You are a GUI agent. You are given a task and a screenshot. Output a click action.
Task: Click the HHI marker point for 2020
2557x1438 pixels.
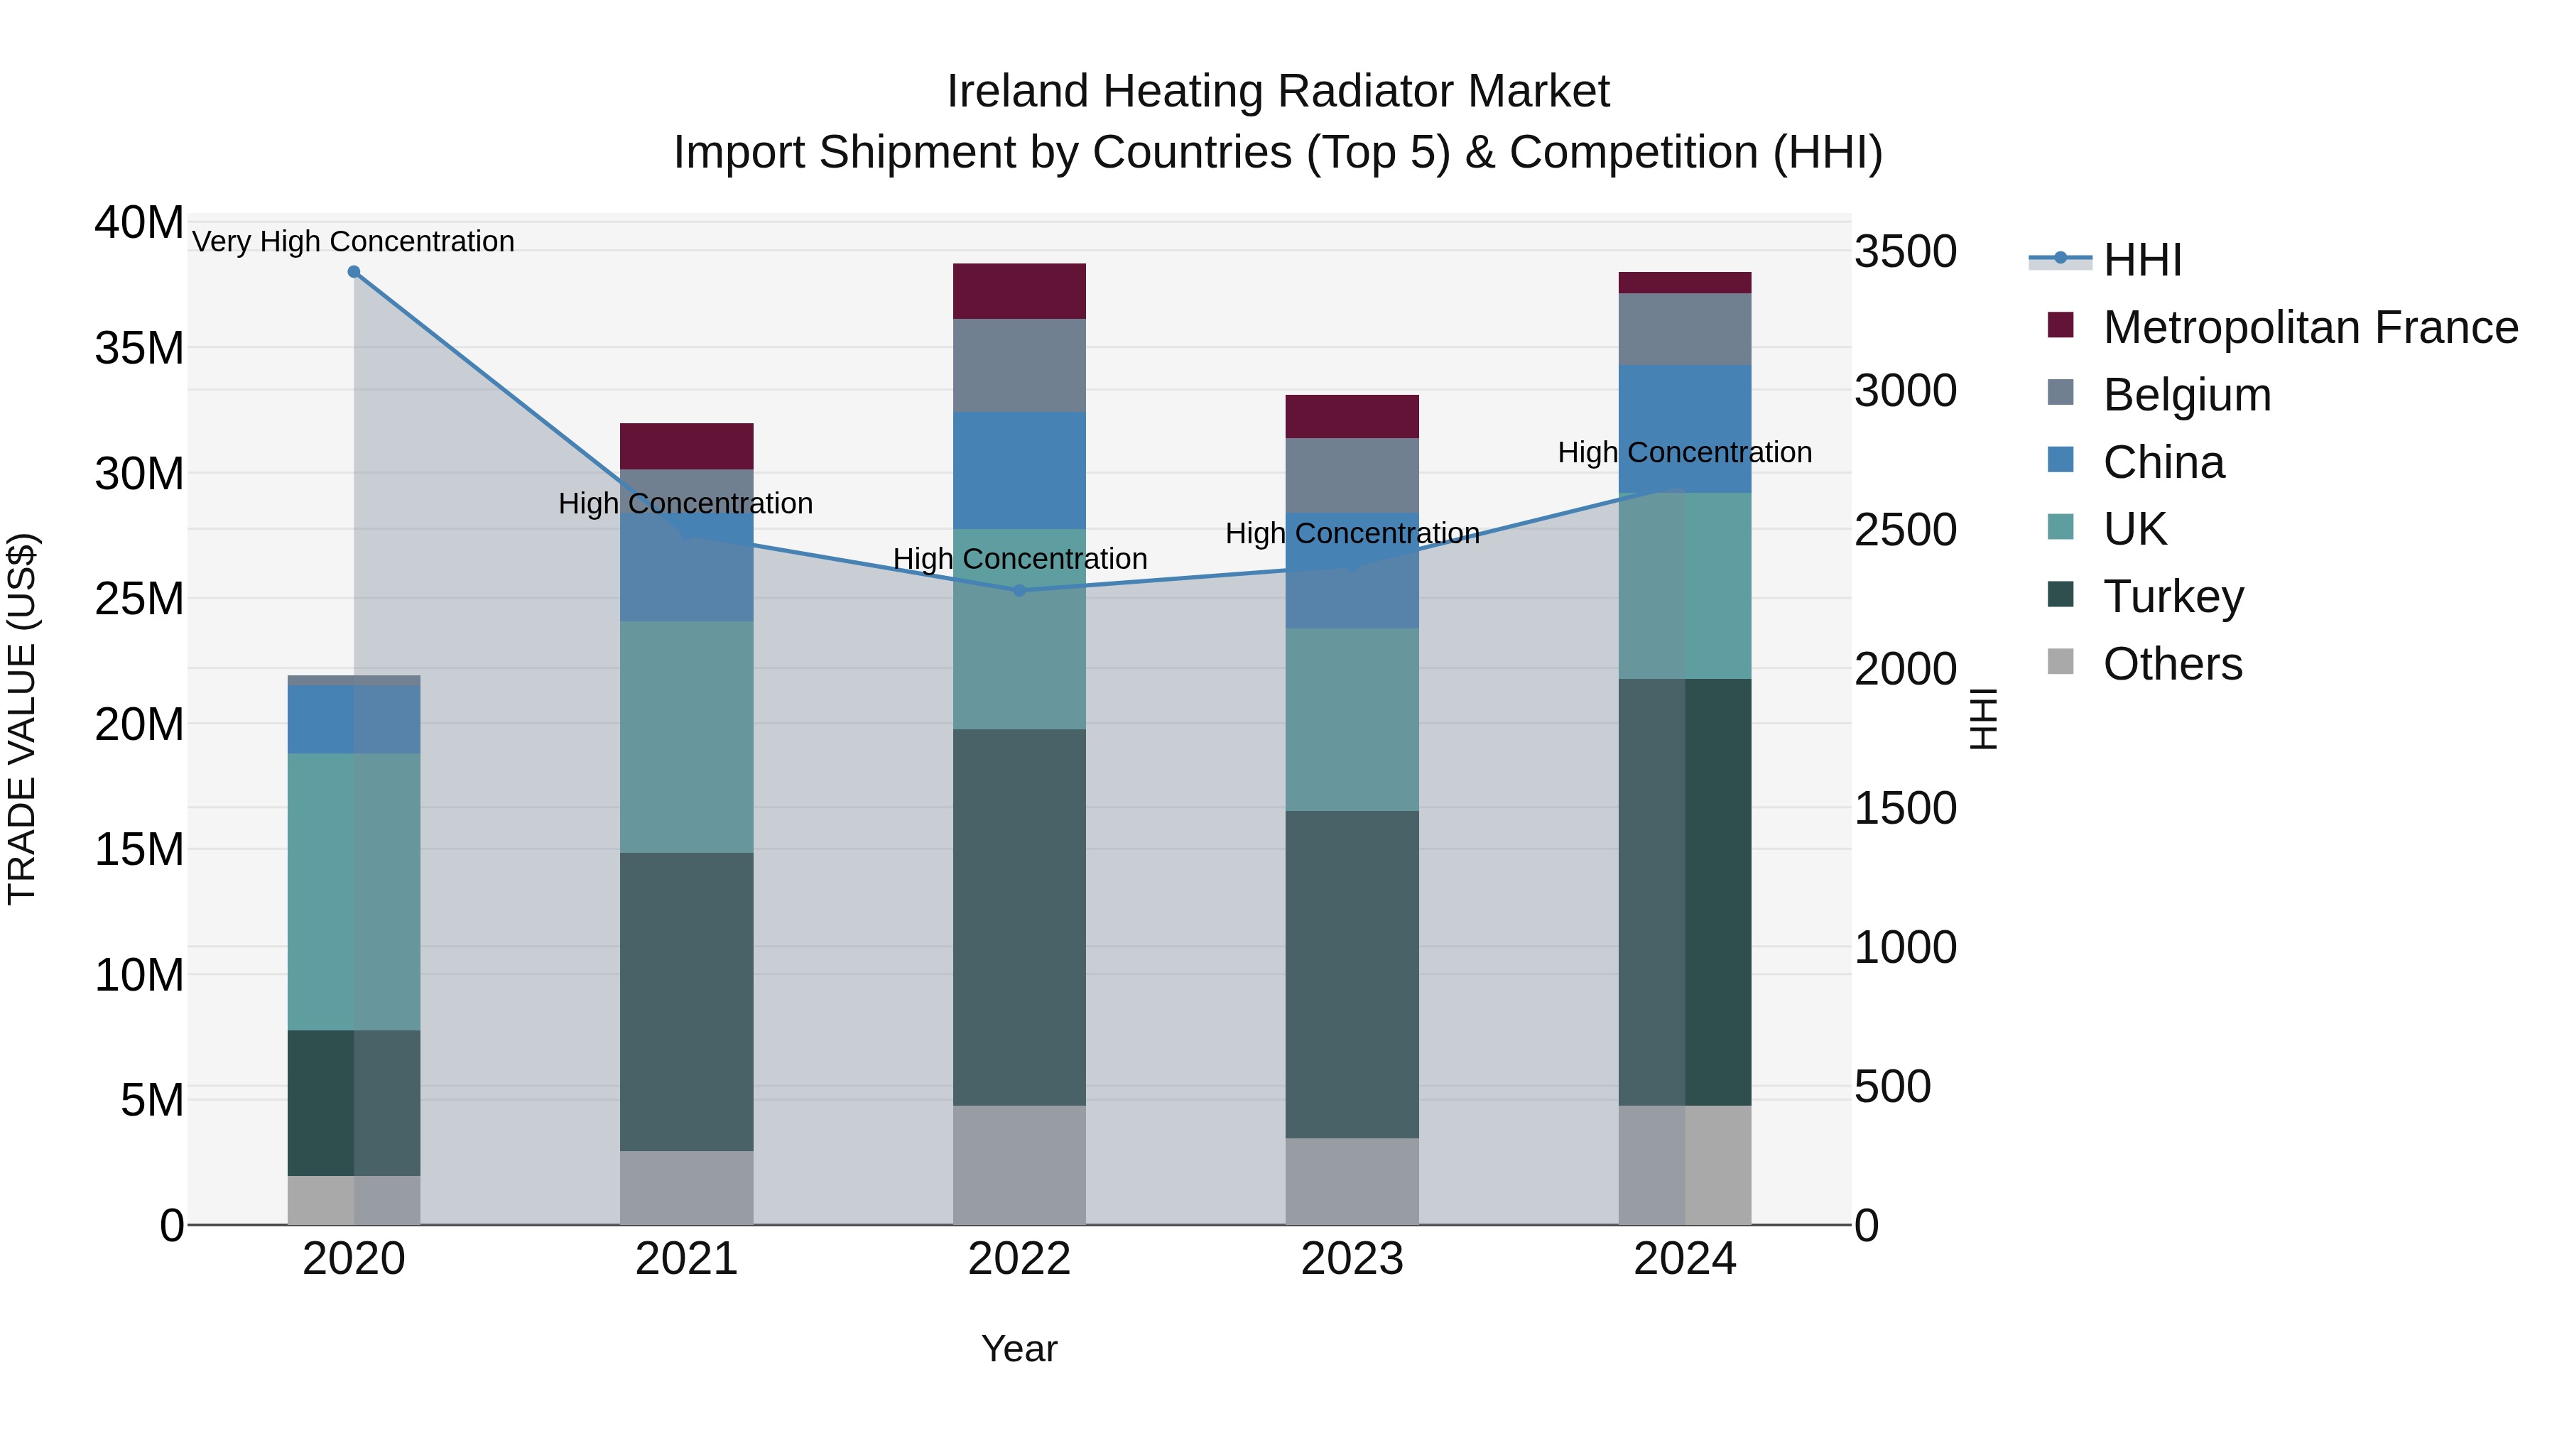coord(354,272)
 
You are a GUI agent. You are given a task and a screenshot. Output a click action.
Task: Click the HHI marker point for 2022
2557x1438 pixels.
coord(1019,591)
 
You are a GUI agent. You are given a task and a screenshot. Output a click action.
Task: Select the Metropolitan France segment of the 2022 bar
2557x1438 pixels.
coord(1019,290)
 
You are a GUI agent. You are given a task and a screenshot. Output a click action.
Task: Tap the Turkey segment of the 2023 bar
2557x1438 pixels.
coord(1352,974)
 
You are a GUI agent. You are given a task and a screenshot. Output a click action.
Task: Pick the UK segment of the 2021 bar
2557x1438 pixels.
coord(686,736)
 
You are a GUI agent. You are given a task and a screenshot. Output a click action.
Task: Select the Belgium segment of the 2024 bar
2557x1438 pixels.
coord(1685,329)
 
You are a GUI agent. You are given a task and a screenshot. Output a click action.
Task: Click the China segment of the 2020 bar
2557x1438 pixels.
coord(354,719)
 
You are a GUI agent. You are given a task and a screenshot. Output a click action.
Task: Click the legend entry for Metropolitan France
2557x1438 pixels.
coord(2310,327)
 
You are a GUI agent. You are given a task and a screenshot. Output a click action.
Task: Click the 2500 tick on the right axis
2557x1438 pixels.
coord(1905,530)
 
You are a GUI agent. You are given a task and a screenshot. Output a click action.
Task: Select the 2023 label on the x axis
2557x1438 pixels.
coord(1352,1259)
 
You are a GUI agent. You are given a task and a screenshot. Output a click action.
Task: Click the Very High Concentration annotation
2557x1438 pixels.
coord(354,241)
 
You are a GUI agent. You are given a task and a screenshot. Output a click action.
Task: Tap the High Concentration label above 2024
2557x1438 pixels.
coord(1685,452)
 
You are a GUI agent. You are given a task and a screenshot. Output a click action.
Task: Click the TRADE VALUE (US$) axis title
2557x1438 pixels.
coord(23,719)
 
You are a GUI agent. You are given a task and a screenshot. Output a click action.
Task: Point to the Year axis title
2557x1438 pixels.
coord(1019,1349)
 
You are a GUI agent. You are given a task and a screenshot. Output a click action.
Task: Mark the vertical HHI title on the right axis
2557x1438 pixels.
coord(1982,719)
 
